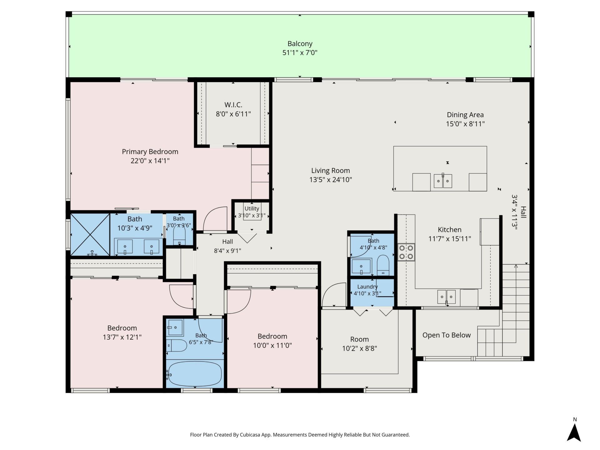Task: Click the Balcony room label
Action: click(300, 44)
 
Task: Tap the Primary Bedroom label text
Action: click(150, 152)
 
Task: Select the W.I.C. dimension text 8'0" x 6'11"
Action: click(233, 114)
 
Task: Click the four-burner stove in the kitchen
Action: click(406, 252)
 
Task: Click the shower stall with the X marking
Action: click(90, 235)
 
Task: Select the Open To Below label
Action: click(447, 335)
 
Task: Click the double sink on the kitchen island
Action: click(443, 181)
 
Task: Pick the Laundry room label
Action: click(367, 287)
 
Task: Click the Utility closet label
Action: click(252, 208)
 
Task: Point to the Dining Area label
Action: click(465, 115)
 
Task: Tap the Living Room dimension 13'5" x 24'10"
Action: click(331, 180)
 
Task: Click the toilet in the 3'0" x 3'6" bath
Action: click(179, 236)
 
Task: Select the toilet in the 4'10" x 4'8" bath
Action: click(383, 265)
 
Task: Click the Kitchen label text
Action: click(450, 230)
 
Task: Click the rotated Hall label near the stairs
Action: click(523, 212)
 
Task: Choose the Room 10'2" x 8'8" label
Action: click(359, 344)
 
